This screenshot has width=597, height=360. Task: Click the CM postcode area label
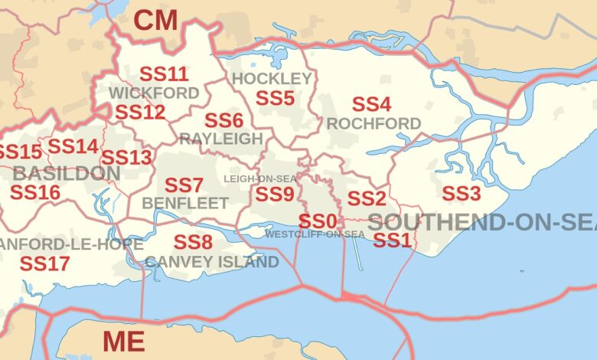pos(156,21)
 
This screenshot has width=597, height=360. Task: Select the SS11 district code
pos(164,74)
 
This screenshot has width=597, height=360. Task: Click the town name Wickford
pos(154,93)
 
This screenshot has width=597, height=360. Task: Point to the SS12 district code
pos(140,112)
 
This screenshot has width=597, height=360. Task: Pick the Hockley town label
pos(272,79)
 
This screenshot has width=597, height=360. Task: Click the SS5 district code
pos(275,98)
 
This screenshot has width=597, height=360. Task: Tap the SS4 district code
pos(371,103)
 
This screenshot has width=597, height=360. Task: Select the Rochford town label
pos(374,123)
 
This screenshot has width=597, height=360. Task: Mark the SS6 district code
pos(223,120)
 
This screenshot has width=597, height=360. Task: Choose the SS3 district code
pos(462,192)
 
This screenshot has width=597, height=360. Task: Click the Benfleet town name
pos(185,203)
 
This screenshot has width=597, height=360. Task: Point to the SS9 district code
pos(275,195)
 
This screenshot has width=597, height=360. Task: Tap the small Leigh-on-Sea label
pos(260,178)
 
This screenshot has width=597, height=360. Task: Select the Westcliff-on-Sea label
pos(315,234)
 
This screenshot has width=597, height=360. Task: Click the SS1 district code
pos(392,241)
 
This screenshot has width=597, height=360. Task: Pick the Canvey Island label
pos(212,262)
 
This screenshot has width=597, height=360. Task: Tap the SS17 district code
pos(44,263)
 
